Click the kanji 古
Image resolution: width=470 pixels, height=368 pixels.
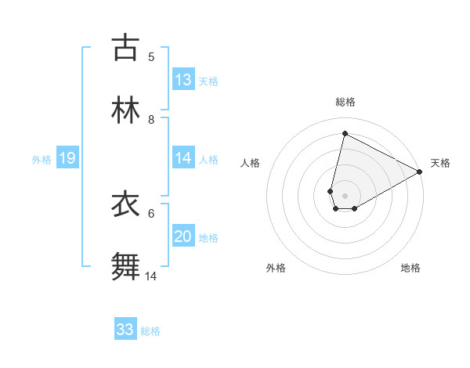[x=126, y=48]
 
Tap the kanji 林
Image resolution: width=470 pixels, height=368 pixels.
[x=126, y=110]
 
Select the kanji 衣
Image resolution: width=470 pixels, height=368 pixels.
[x=126, y=204]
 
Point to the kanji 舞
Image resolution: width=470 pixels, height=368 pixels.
[x=126, y=267]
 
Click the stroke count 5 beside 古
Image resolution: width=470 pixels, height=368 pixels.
[x=151, y=57]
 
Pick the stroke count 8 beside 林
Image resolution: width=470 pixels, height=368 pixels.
[x=151, y=120]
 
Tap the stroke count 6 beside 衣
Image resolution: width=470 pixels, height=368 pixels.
[x=151, y=213]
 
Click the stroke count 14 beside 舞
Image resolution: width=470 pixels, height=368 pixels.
[x=152, y=276]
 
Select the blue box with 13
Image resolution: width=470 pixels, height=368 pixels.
[x=183, y=80]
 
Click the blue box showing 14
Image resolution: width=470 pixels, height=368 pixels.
[x=183, y=158]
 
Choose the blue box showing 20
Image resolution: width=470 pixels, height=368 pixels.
[x=183, y=236]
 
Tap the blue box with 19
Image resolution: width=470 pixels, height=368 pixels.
[x=67, y=158]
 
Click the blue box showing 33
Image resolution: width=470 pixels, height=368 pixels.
[x=125, y=330]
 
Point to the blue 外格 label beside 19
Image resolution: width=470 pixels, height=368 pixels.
[x=42, y=160]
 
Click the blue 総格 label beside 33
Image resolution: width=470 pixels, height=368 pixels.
[x=150, y=331]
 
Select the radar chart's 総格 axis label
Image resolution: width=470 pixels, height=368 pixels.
[x=345, y=102]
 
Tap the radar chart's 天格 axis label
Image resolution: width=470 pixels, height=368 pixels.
[x=440, y=163]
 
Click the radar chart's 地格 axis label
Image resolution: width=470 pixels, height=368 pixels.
[x=410, y=268]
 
